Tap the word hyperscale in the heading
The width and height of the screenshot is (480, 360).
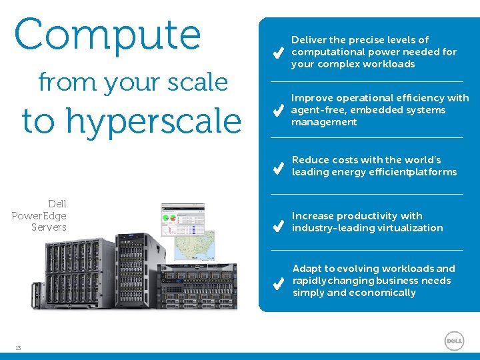coord(153,121)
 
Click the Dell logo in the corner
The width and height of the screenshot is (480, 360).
coord(454,341)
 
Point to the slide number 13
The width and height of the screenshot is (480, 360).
coord(18,347)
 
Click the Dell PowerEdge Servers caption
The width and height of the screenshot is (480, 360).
coord(40,215)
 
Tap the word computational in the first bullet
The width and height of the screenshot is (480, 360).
coord(327,52)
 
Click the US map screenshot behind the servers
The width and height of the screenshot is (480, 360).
coord(194,245)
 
